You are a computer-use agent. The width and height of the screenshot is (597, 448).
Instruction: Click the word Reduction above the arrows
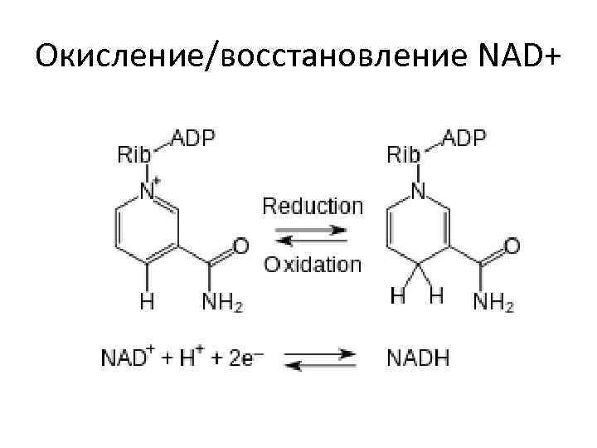(313, 206)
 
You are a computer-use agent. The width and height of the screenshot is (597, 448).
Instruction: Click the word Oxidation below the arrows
(313, 265)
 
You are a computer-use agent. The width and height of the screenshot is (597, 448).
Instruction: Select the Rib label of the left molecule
(135, 155)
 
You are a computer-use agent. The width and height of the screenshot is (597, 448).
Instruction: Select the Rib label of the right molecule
(404, 155)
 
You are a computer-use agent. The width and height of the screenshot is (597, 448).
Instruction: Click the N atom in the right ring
(419, 192)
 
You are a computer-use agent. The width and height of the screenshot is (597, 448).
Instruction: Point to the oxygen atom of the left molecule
(241, 246)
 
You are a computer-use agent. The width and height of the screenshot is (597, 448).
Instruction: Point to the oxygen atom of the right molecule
(512, 246)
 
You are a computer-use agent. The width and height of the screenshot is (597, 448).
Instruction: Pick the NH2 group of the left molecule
(223, 302)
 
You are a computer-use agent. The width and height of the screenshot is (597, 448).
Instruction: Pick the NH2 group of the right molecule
(493, 302)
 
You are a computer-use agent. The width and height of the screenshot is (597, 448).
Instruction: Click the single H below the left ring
(147, 301)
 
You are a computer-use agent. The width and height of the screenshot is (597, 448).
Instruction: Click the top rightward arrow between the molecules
(313, 228)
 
